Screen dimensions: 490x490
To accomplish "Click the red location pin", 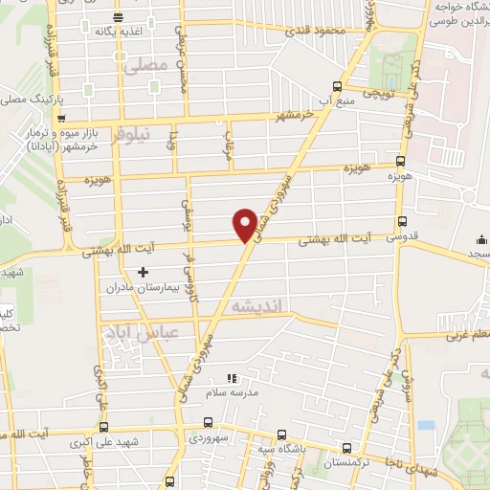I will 245,224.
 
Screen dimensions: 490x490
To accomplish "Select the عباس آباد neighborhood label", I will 134,332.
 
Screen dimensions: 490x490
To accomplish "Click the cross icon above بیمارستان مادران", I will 144,274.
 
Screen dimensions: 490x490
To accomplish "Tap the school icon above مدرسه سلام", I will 229,378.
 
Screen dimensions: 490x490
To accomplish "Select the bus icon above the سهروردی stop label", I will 210,422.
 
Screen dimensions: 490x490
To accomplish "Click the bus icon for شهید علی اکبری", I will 104,428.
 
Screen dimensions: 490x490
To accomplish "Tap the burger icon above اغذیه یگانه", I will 117,17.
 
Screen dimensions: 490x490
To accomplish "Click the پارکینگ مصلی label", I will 26,98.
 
